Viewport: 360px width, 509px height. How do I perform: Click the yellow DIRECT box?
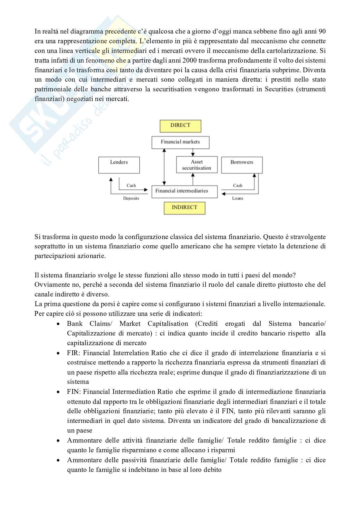[180, 126]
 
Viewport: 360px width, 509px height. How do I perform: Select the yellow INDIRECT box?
[184, 208]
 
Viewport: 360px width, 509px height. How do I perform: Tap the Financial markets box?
[180, 142]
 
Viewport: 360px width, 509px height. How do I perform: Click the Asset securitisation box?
[197, 165]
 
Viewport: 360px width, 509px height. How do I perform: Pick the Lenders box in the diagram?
[119, 165]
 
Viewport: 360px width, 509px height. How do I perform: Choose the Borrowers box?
[242, 165]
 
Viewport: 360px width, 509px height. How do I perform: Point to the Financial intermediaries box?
[185, 191]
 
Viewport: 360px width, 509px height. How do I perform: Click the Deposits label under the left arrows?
[131, 198]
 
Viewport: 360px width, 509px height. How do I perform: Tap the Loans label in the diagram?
[238, 198]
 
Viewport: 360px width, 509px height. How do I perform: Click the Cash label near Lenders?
[131, 185]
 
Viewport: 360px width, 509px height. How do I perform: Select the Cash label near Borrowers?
[238, 185]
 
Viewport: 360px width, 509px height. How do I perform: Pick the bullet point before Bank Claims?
[58, 324]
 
